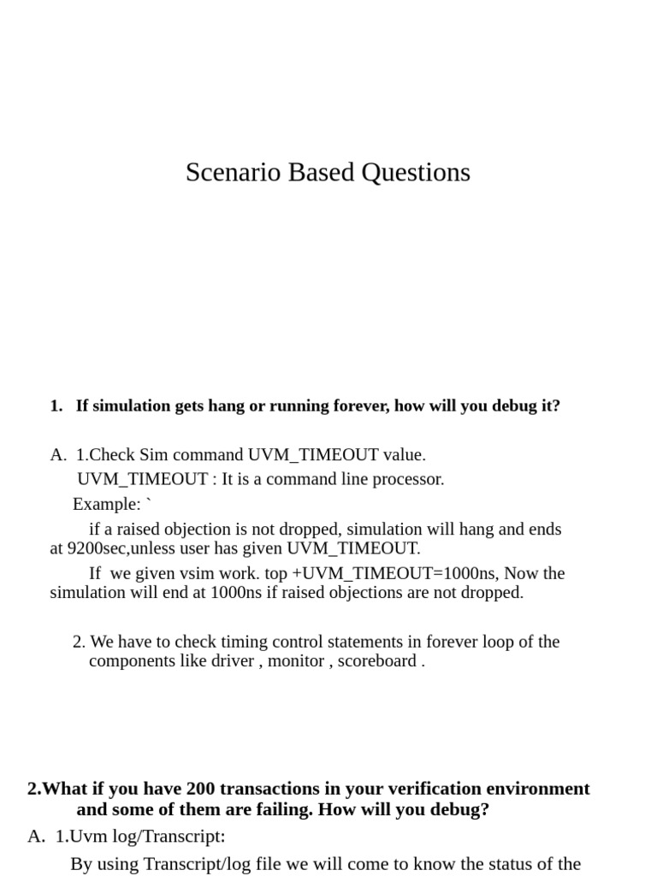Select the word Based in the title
[322, 173]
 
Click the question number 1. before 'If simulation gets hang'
[56, 405]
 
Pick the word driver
[233, 660]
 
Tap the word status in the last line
[505, 864]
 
